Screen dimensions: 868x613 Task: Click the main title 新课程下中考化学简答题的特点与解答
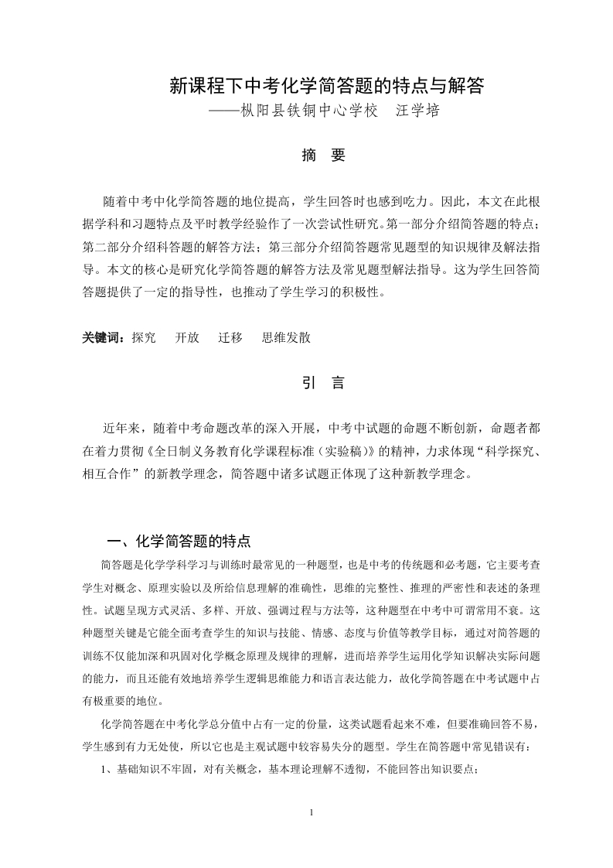click(x=327, y=85)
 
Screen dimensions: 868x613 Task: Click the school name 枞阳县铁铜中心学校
click(x=309, y=111)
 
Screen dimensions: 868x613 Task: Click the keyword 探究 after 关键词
click(x=144, y=337)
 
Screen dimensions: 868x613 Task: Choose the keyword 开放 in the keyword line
click(x=187, y=337)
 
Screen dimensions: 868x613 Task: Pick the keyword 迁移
click(x=230, y=337)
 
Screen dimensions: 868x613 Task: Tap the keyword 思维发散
click(x=287, y=337)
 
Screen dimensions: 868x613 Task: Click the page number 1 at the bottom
click(x=309, y=813)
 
